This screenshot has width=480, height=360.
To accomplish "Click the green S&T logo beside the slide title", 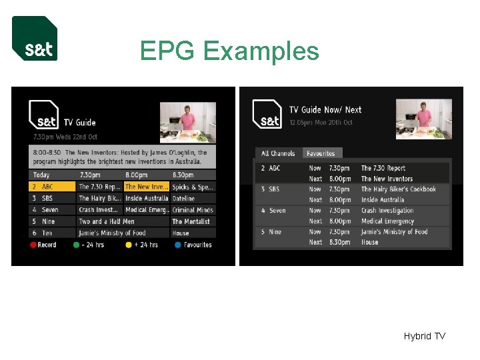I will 35,39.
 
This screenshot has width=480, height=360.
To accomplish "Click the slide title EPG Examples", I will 229,51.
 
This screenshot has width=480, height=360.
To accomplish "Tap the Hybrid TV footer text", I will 424,336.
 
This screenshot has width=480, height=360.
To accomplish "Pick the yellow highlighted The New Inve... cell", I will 147,187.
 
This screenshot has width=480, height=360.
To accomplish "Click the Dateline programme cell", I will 193,199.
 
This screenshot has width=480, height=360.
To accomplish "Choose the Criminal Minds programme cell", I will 193,210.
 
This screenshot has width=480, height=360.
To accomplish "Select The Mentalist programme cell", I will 193,221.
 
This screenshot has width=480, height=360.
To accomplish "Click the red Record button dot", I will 33,245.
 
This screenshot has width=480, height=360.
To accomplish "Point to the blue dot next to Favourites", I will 177,245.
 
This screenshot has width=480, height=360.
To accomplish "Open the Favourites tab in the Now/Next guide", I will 321,153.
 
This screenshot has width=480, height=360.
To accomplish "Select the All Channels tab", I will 278,153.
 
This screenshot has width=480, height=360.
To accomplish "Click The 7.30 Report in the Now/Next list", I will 383,169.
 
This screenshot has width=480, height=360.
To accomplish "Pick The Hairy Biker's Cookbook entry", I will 398,189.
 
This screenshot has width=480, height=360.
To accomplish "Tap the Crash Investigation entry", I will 387,211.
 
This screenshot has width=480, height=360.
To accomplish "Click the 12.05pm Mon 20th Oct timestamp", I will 325,123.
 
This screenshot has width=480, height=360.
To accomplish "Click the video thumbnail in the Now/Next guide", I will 424,119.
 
